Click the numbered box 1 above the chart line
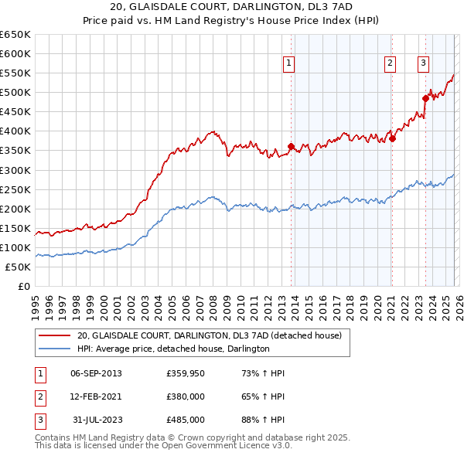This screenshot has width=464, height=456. [288, 63]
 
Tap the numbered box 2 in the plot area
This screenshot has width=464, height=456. [390, 63]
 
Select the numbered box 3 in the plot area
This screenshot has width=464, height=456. [424, 63]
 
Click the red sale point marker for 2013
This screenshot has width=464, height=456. [291, 146]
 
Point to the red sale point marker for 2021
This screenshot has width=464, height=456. [392, 138]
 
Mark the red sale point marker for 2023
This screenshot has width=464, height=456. [425, 98]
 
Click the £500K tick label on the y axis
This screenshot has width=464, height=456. [15, 93]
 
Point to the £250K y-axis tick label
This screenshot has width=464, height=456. [15, 189]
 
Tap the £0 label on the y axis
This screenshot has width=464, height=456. [22, 287]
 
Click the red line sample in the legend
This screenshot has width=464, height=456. [55, 335]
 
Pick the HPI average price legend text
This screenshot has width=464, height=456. [173, 349]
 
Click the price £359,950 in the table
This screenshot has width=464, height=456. [186, 373]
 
